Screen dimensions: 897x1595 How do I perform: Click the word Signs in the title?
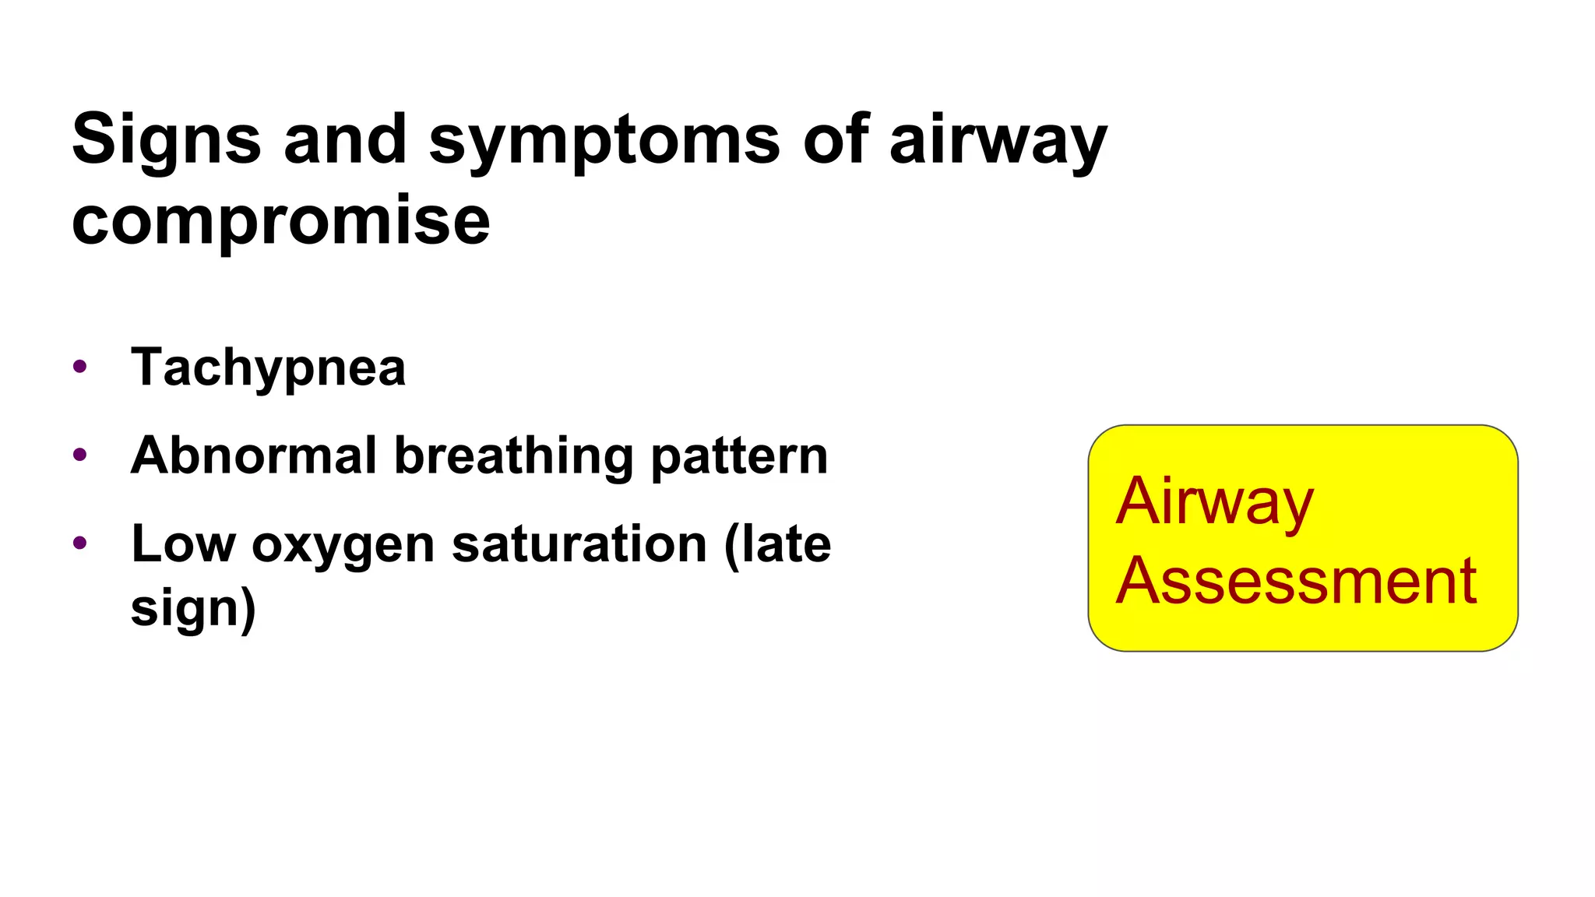[x=166, y=140]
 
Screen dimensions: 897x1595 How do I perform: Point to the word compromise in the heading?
[x=280, y=221]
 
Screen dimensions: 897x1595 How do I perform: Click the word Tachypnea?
[x=269, y=368]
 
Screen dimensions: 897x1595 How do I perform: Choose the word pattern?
[x=739, y=456]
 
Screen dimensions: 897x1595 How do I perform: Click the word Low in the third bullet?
[x=183, y=543]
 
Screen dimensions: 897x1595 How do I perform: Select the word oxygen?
[x=343, y=545]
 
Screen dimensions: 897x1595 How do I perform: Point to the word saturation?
[x=579, y=543]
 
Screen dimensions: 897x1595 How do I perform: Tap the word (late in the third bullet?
[x=777, y=543]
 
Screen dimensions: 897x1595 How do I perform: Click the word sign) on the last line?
[x=193, y=609]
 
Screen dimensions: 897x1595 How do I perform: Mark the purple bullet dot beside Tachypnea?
[x=79, y=366]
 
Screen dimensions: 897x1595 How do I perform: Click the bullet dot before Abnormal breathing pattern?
[x=79, y=454]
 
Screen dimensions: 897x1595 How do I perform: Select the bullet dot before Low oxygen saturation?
[x=79, y=542]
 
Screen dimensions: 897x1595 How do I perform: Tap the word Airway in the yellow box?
[x=1215, y=502]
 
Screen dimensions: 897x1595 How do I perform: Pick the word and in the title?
[x=345, y=140]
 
